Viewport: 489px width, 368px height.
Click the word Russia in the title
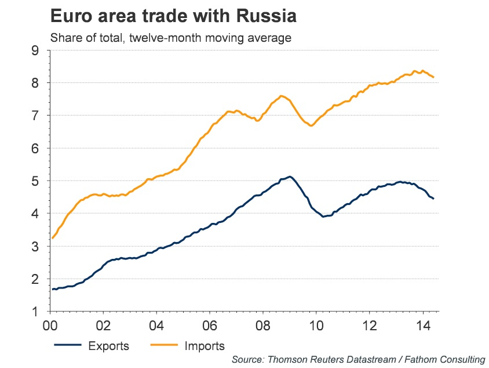point(266,16)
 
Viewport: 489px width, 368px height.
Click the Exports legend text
point(108,347)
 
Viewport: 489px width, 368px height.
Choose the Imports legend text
point(204,347)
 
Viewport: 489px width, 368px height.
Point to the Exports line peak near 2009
point(290,176)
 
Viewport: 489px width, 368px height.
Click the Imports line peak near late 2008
point(282,96)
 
